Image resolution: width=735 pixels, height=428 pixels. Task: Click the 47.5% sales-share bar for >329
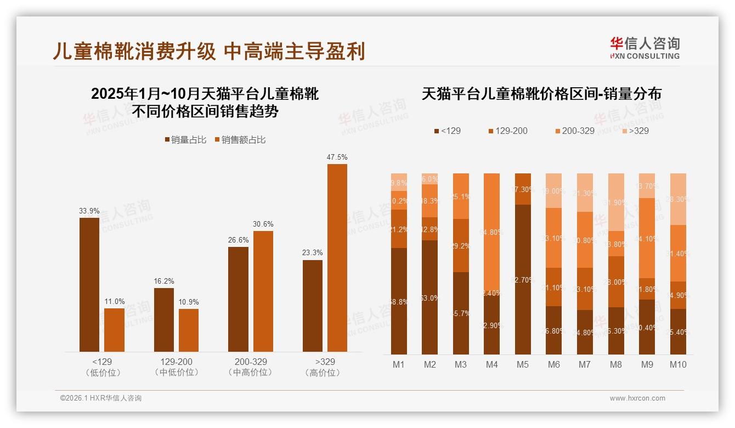(337, 258)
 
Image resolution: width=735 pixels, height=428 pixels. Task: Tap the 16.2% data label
(163, 281)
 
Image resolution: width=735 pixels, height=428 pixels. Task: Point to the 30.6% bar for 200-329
(263, 291)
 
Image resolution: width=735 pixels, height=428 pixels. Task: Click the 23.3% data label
(312, 253)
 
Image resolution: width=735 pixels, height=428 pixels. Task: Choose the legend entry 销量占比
(185, 140)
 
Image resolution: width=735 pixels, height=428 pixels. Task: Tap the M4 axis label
(491, 364)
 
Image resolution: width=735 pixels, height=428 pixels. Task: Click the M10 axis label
(678, 364)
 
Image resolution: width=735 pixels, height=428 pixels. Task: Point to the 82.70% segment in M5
(523, 279)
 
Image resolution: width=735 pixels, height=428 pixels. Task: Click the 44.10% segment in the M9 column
(647, 238)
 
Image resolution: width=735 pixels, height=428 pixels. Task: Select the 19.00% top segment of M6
(554, 190)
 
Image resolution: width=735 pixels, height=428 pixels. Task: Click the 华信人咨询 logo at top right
(644, 48)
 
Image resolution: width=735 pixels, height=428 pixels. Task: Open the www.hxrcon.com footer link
(637, 398)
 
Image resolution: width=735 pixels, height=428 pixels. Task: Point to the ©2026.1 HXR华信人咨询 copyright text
(101, 398)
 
